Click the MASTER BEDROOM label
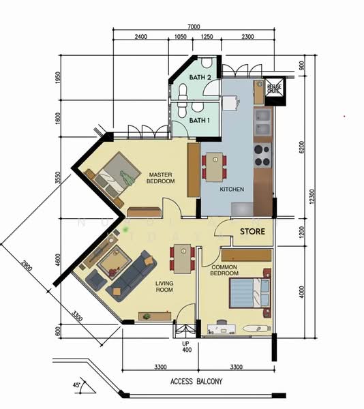(162, 178)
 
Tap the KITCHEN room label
(232, 190)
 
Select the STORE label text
(252, 233)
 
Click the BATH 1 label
(198, 121)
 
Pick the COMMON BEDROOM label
(224, 270)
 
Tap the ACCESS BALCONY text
(196, 382)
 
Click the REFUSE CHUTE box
(275, 89)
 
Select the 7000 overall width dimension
(194, 27)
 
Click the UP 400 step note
(185, 348)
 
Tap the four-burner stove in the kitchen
(261, 155)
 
